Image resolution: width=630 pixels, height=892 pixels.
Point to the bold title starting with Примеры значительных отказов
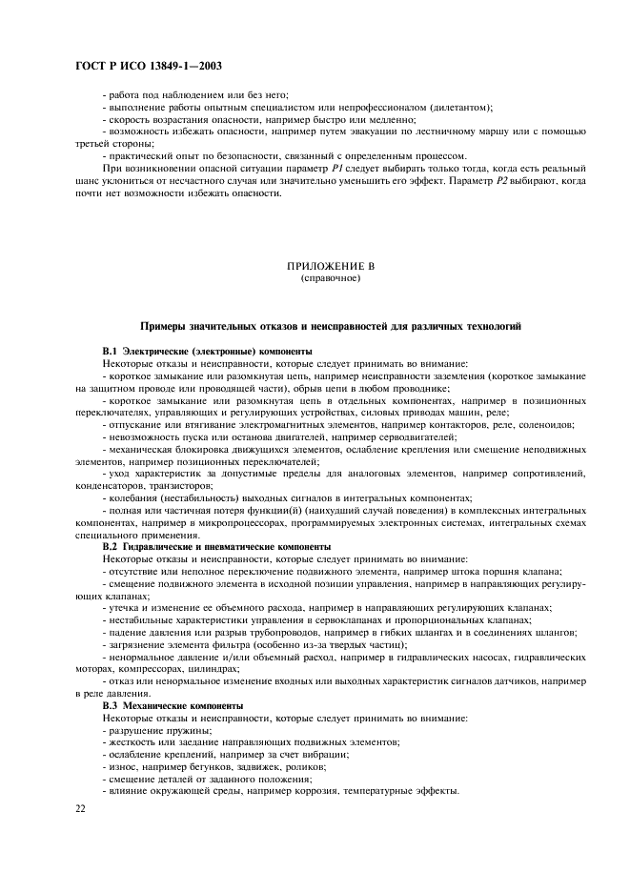click(330, 326)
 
